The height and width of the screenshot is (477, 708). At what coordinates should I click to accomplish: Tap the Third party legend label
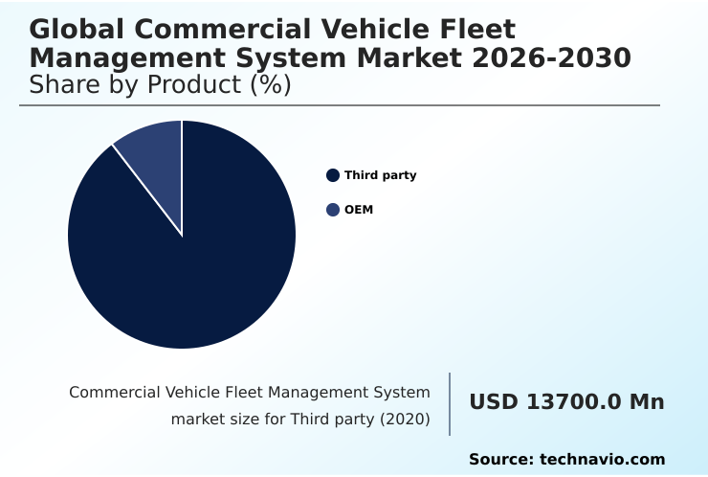coord(380,175)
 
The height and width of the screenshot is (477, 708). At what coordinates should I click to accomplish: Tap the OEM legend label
coord(358,210)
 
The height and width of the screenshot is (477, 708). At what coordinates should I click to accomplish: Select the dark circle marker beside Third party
coord(333,175)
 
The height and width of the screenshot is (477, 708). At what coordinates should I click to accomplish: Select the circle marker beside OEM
coord(333,210)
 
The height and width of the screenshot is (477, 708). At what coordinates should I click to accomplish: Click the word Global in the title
coord(74,30)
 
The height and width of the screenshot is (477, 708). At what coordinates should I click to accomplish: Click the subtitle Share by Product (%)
coord(160,85)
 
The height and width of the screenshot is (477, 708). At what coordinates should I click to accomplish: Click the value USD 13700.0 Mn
coord(566,402)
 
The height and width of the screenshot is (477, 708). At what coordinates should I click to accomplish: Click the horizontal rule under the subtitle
coord(340,105)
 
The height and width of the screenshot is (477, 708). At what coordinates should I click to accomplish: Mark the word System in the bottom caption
coord(401,393)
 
